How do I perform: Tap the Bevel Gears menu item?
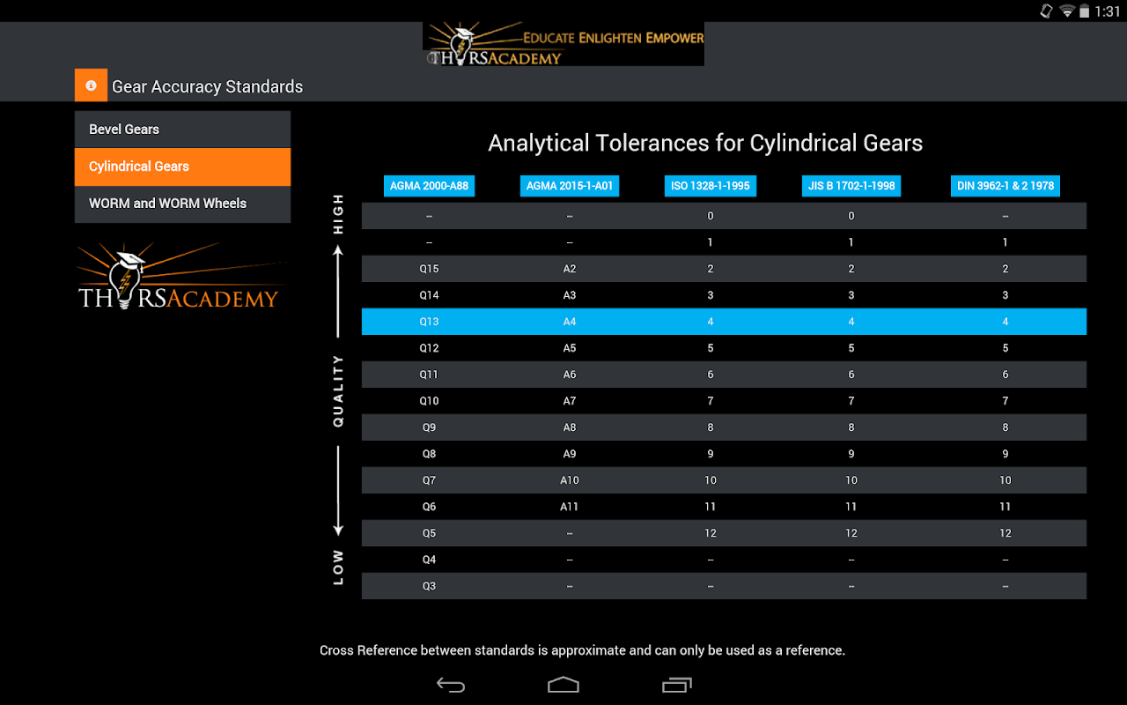[x=182, y=130]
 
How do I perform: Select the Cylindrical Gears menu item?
[x=182, y=167]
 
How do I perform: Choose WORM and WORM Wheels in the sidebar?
[x=182, y=204]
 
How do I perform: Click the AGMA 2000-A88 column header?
[x=429, y=186]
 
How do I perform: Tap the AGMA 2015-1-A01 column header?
[x=570, y=186]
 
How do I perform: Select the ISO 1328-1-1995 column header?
[x=711, y=186]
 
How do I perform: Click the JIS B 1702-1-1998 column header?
[x=851, y=186]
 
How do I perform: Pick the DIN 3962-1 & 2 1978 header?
[x=1005, y=186]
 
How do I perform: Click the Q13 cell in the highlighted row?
[x=429, y=322]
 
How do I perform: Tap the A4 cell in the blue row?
[x=570, y=322]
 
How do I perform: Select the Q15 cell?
[x=429, y=269]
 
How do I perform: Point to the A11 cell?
[x=570, y=507]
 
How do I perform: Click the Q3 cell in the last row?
[x=429, y=586]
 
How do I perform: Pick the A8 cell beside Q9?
[x=570, y=427]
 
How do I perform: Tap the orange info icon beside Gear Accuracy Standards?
[x=91, y=85]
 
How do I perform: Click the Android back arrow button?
[x=451, y=685]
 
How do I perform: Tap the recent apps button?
[x=676, y=685]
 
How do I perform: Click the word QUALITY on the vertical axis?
[x=338, y=391]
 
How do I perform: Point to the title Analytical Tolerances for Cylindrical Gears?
[x=705, y=144]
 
